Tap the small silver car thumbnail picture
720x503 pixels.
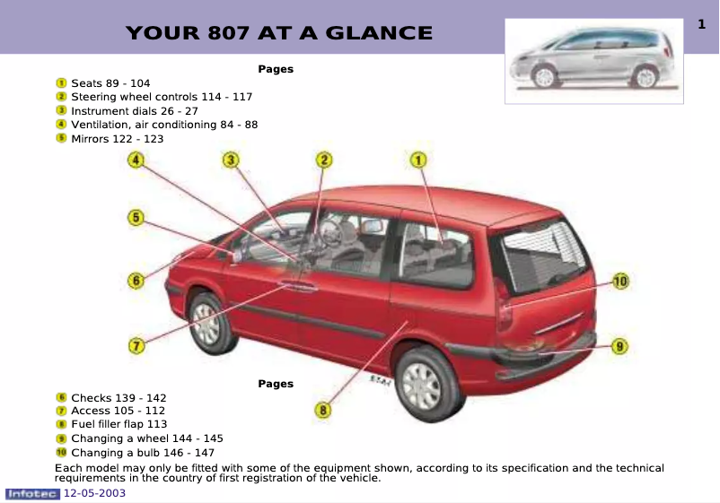pyautogui.click(x=593, y=61)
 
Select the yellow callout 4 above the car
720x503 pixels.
pyautogui.click(x=136, y=160)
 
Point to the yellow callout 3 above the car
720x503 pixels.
pyautogui.click(x=232, y=160)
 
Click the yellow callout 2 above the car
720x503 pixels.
pyautogui.click(x=324, y=160)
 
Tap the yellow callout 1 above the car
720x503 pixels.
pyautogui.click(x=418, y=160)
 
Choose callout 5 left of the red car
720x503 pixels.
pyautogui.click(x=136, y=217)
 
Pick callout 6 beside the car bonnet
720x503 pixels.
pyautogui.click(x=136, y=281)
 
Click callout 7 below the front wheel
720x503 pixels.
pyautogui.click(x=136, y=344)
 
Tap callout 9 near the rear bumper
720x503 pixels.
pyautogui.click(x=619, y=345)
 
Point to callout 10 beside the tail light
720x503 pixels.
pyautogui.click(x=620, y=282)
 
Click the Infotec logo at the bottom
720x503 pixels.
pyautogui.click(x=32, y=493)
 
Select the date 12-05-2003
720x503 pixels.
pyautogui.click(x=94, y=493)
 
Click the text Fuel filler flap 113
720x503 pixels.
pyautogui.click(x=119, y=424)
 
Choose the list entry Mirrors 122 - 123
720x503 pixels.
pyautogui.click(x=117, y=139)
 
